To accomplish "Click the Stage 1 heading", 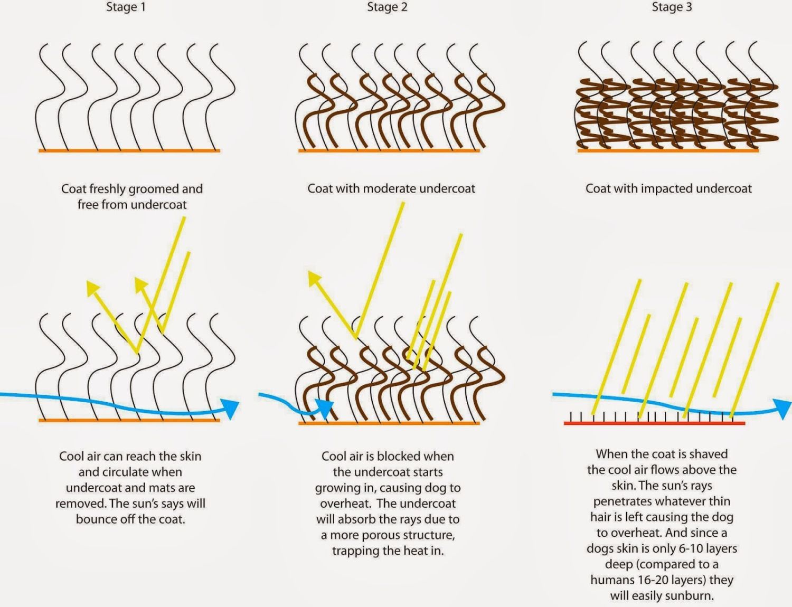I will [126, 7].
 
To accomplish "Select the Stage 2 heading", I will [387, 7].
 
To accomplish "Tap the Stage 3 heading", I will [672, 7].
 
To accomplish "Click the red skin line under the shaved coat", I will [654, 423].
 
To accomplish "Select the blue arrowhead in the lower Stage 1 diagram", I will [230, 409].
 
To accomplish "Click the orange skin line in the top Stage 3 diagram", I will [668, 150].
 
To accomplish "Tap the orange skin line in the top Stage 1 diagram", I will [129, 151].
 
